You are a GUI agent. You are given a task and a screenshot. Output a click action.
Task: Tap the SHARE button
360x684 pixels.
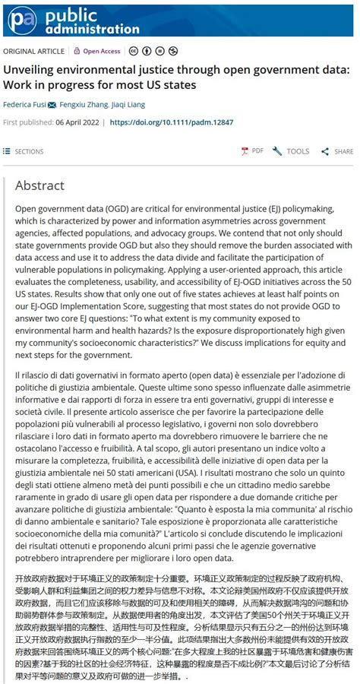tap(338, 151)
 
